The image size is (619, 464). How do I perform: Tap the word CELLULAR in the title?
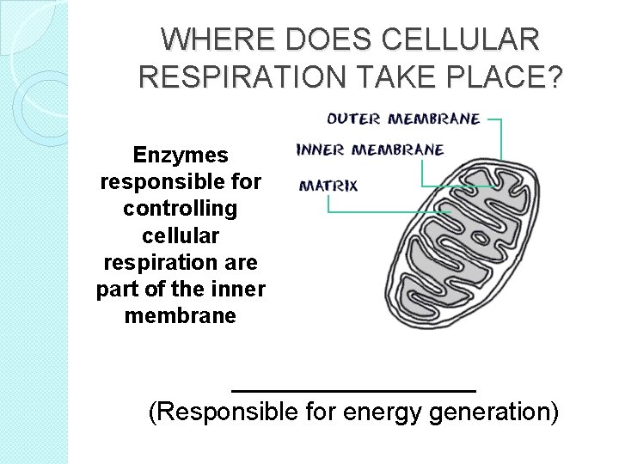462,40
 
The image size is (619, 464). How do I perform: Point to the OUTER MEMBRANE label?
403,119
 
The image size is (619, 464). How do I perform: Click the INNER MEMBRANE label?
370,150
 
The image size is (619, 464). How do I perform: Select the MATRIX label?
328,185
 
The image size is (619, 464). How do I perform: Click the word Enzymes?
181,156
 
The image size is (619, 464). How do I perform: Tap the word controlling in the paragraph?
181,209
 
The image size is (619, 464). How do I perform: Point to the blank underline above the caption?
353,391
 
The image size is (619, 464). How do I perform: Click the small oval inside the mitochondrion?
480,236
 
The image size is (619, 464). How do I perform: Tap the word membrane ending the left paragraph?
181,316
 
